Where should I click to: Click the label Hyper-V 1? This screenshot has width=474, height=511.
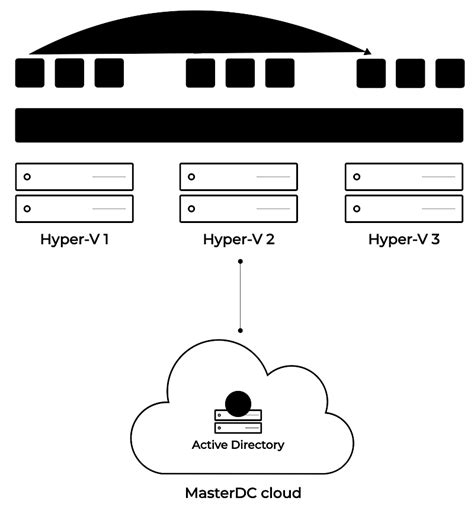coord(74,240)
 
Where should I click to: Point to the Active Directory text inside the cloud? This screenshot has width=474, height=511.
coord(238,444)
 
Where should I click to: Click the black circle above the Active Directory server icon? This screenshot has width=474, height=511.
coord(238,403)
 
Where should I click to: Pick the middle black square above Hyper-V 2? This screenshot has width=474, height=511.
coord(239,73)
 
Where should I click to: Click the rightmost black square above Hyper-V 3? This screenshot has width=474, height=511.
coord(448,73)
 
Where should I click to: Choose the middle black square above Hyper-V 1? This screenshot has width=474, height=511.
coord(69,73)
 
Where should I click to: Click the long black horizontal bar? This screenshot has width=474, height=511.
coord(238,125)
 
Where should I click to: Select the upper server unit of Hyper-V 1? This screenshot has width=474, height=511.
coord(74,177)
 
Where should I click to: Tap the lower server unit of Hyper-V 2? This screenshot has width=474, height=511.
coord(238,209)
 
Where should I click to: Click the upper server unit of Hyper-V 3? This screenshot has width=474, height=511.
coord(403,177)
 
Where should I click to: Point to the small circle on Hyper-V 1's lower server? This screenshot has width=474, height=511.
coord(28,209)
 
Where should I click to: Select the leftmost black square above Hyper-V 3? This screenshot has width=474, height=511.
coord(371,73)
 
